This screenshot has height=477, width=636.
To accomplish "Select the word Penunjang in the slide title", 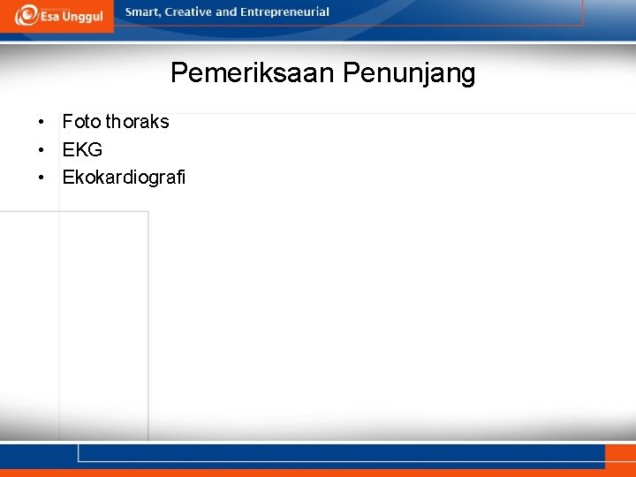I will (408, 73).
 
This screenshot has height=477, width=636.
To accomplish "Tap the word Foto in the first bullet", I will (81, 122).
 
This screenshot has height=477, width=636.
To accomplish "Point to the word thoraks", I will (137, 122).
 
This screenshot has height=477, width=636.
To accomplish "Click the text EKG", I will (82, 150).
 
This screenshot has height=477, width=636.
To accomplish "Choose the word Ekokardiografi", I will (124, 178).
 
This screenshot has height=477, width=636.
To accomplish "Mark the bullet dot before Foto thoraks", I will (41, 122).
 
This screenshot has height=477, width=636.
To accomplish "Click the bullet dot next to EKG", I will (41, 150).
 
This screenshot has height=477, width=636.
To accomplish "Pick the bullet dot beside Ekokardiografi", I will (41, 178).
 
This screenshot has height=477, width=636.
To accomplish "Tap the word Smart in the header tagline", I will (142, 12).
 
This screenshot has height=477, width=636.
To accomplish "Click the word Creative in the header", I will (187, 12).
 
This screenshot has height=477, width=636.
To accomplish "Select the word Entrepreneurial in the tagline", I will (284, 12).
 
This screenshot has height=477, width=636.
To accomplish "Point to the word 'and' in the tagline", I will (226, 12).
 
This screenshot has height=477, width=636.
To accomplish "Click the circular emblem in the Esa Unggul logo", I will (26, 15).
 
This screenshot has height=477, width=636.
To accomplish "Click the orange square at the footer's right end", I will (618, 456).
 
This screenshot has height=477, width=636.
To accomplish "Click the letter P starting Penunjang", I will (350, 73).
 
